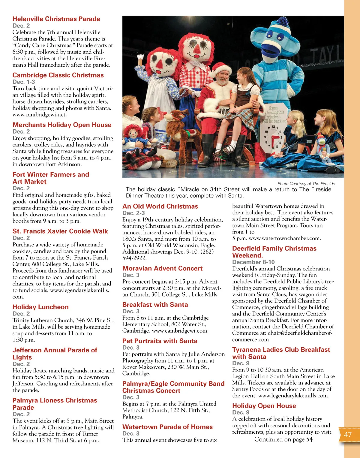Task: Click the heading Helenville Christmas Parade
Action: tap(56, 19)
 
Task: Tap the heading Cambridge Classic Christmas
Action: tap(58, 75)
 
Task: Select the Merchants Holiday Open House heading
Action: tap(62, 125)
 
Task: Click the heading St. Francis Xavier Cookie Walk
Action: tap(60, 231)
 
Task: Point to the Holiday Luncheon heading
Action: tap(40, 307)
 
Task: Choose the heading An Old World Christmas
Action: tap(160, 206)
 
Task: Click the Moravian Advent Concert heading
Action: tap(162, 269)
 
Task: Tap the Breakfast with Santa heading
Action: tap(155, 305)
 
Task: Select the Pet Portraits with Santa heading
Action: tap(160, 341)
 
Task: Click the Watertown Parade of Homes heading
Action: tap(167, 427)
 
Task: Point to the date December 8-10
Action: tap(253, 262)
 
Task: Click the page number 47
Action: tap(348, 435)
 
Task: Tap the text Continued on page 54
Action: tap(283, 439)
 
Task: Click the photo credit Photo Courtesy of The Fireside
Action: tap(306, 184)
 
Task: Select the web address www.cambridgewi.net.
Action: tap(40, 115)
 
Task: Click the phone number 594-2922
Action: tap(134, 258)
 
